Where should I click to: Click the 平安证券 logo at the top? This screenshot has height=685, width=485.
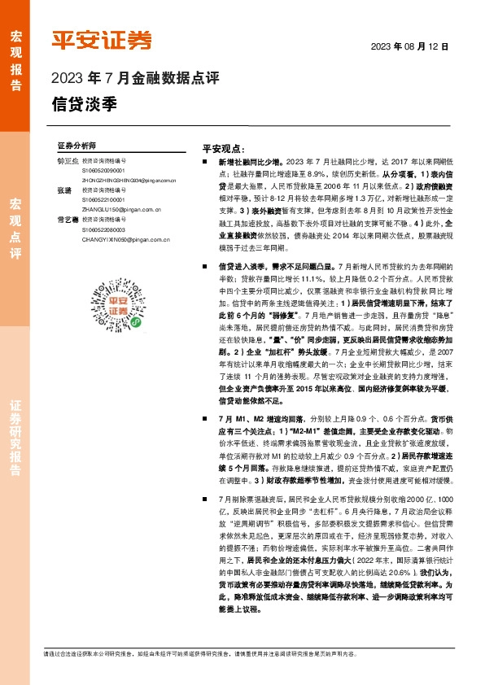point(102,41)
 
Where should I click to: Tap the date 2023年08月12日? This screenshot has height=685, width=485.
point(410,46)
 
